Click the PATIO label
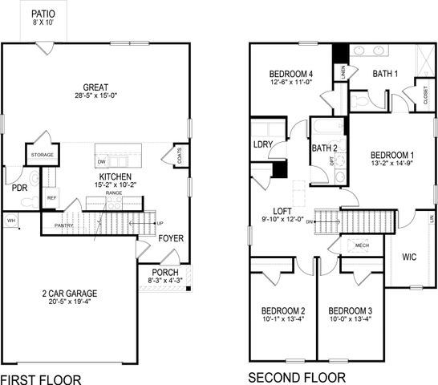click(43, 14)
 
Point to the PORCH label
click(165, 272)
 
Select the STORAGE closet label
click(42, 155)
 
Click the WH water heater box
click(11, 221)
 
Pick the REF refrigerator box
click(51, 197)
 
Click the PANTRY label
click(64, 225)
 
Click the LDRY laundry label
click(262, 145)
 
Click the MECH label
click(362, 245)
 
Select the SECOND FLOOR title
click(297, 377)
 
